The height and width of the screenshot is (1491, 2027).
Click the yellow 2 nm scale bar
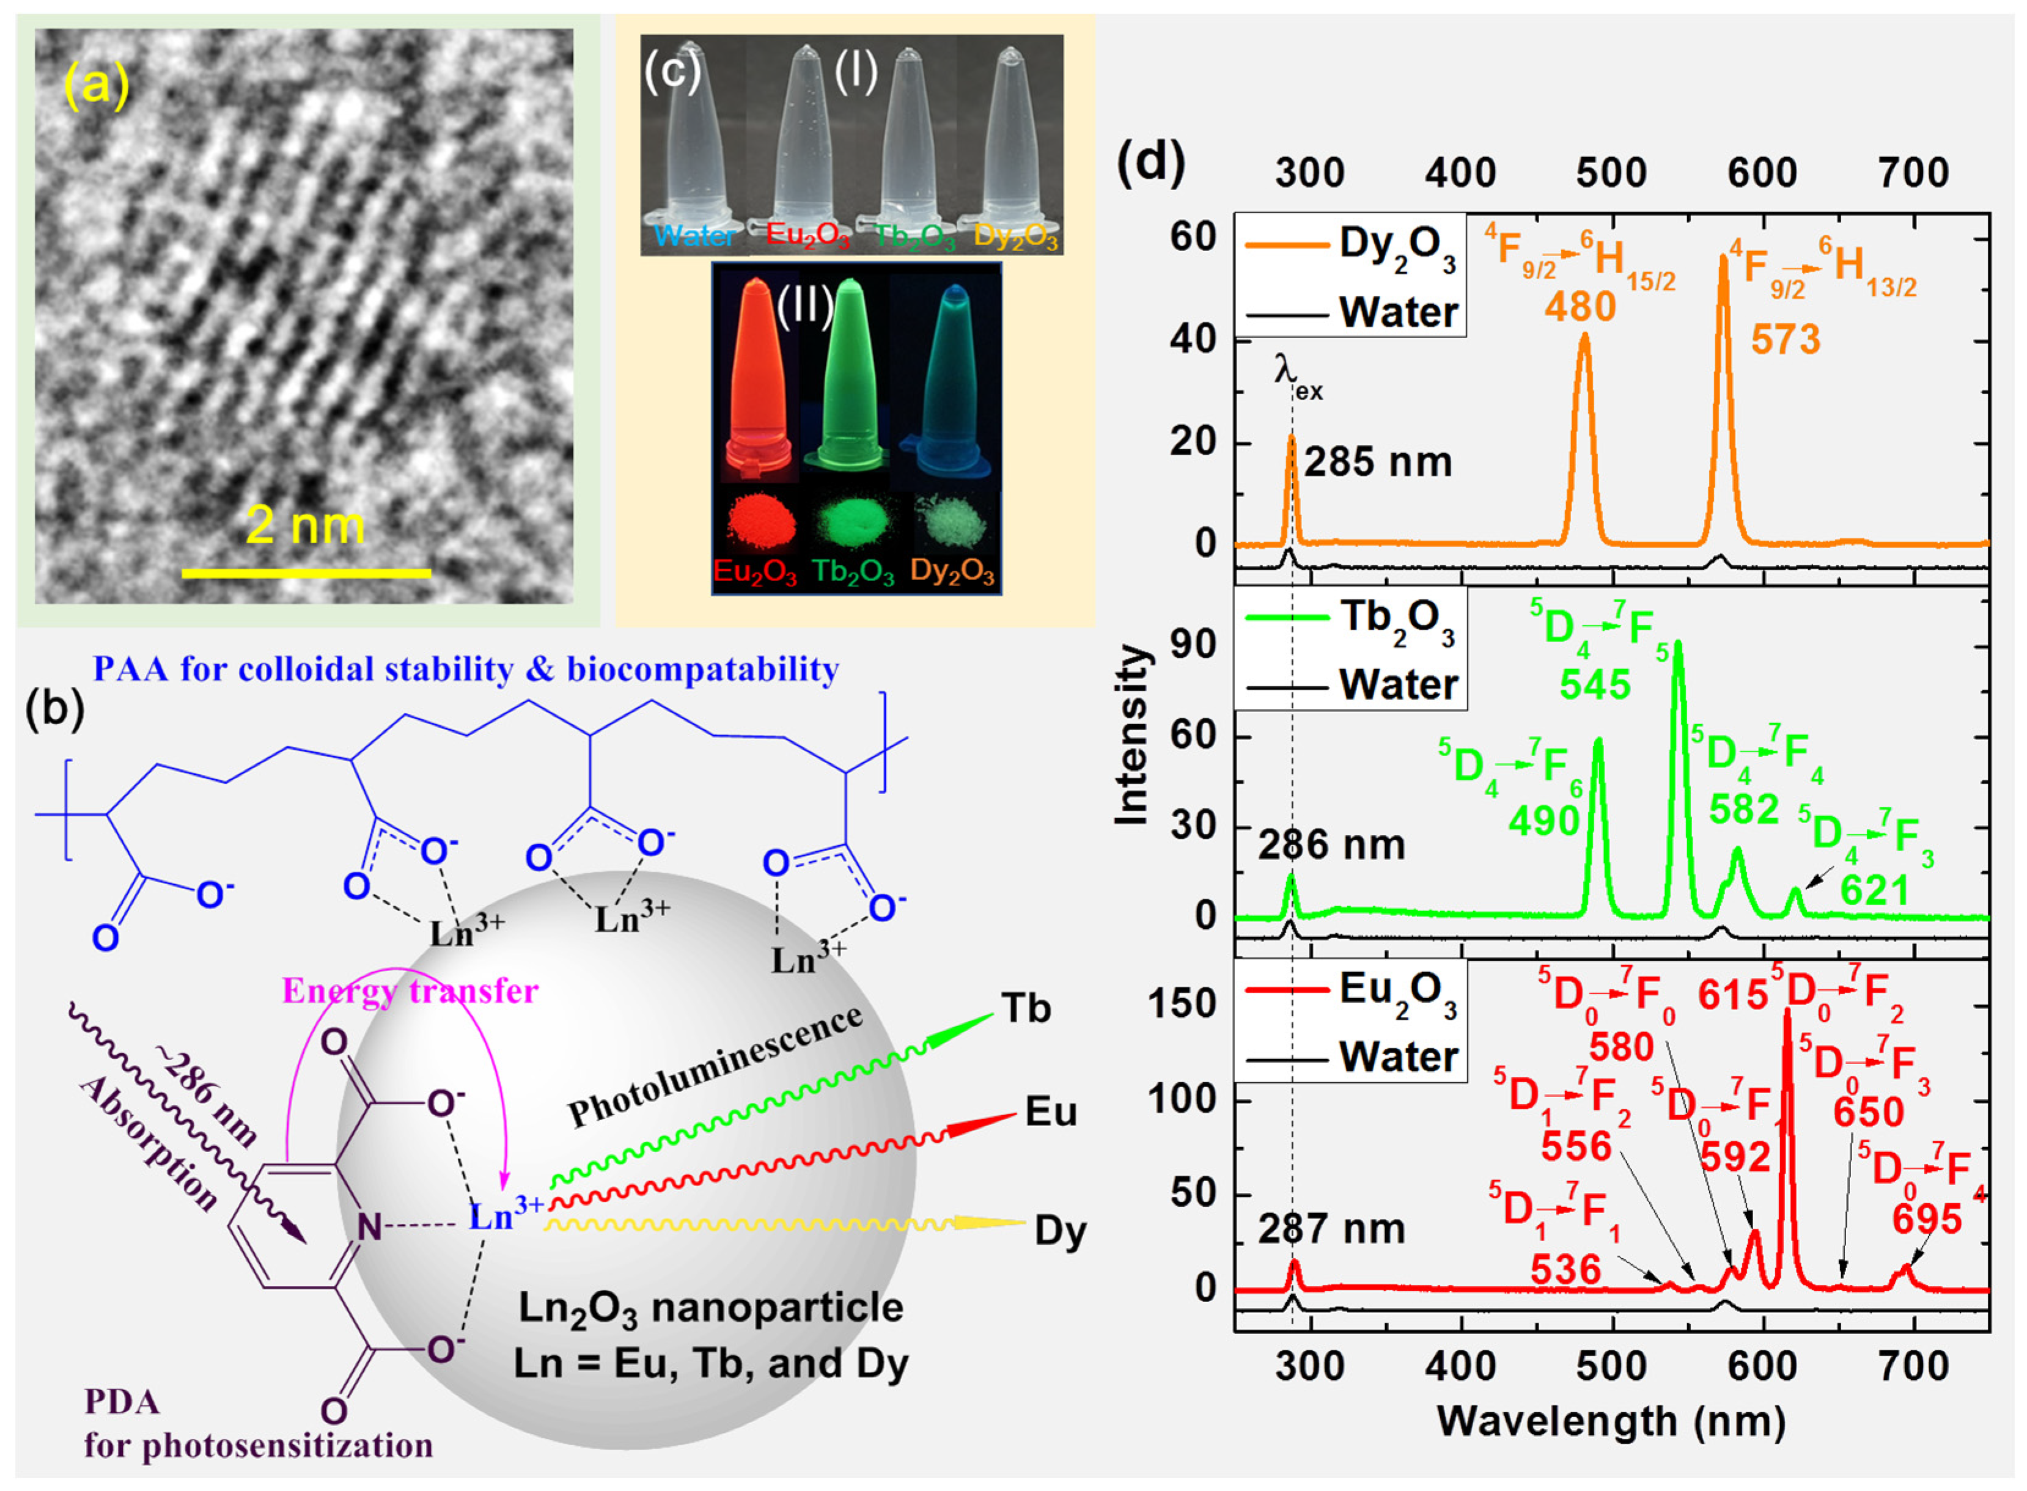click(306, 572)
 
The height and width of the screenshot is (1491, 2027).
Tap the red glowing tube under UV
click(759, 379)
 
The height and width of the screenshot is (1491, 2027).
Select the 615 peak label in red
click(1732, 995)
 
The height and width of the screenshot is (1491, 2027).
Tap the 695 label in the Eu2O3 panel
click(1926, 1220)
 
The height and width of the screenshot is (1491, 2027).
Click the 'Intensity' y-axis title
click(1131, 736)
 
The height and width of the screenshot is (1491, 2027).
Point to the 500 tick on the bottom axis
click(1612, 1366)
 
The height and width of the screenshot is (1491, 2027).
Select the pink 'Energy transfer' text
click(410, 992)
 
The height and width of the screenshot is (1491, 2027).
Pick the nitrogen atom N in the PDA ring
click(369, 1226)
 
